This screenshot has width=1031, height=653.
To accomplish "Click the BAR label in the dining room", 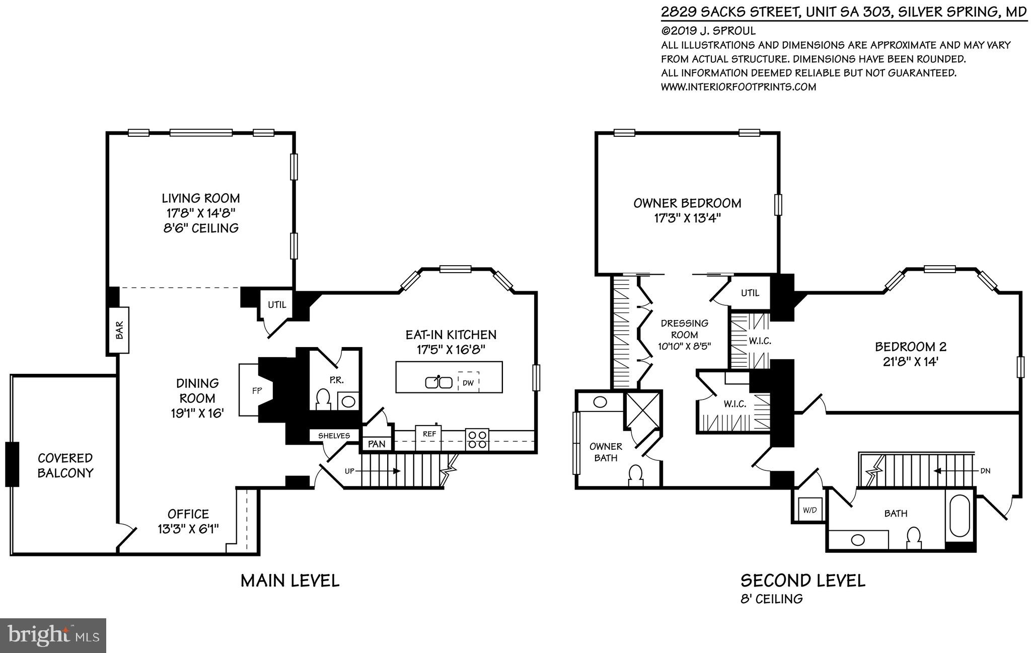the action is (x=120, y=330).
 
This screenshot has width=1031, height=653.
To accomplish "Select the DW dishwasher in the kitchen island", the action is (x=468, y=382).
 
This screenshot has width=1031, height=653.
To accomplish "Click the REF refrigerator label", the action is (x=429, y=433).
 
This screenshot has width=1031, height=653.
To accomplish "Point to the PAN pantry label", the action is (x=377, y=444).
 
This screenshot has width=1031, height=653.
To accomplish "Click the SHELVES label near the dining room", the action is (x=334, y=436).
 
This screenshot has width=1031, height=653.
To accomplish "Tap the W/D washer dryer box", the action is (x=809, y=510).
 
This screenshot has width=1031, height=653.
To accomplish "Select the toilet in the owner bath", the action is (x=636, y=475).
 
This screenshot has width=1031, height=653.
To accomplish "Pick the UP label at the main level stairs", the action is (x=349, y=471).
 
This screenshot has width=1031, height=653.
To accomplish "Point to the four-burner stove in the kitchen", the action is (x=477, y=439).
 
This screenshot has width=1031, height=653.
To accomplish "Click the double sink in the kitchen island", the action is (x=438, y=382).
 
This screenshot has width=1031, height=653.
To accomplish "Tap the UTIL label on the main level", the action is (x=276, y=304).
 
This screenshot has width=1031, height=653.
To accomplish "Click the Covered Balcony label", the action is (x=65, y=465).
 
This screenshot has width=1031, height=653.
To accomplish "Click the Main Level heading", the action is (x=290, y=581).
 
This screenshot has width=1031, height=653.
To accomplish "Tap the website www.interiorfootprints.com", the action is (x=739, y=87).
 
